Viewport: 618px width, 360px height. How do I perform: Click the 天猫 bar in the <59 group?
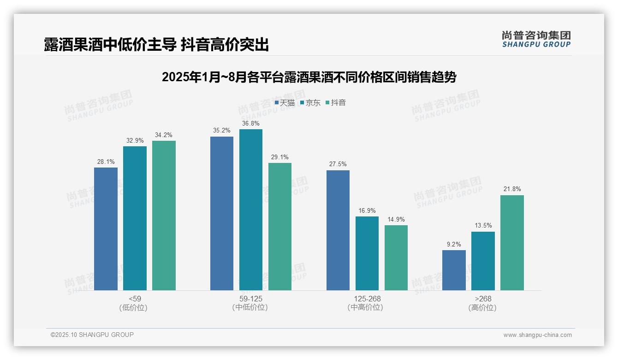(x=106, y=229)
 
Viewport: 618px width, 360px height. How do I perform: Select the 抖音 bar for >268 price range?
(x=512, y=243)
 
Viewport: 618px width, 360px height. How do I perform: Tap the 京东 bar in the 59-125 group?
(x=250, y=210)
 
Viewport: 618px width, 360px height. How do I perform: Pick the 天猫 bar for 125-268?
(x=338, y=230)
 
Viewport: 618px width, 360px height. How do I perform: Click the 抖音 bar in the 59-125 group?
(x=280, y=227)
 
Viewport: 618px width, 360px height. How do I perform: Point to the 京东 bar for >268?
(x=483, y=261)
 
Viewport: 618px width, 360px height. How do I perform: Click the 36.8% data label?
(x=250, y=124)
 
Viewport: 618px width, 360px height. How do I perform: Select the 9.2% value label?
(x=454, y=245)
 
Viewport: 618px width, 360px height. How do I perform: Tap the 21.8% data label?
(x=512, y=189)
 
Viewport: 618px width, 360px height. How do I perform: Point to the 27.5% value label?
(x=338, y=164)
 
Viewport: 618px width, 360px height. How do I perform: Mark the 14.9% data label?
(x=396, y=220)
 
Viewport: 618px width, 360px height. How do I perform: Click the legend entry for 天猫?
(x=285, y=103)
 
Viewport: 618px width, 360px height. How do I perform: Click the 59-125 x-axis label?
(x=250, y=299)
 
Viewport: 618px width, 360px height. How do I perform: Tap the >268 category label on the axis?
(x=483, y=299)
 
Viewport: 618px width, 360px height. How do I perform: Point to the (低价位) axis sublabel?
(x=134, y=308)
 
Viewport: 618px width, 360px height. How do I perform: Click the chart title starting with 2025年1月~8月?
(x=309, y=77)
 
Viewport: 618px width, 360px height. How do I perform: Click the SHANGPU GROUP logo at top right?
(x=536, y=39)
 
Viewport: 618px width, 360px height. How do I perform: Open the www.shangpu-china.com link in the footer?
(x=537, y=335)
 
